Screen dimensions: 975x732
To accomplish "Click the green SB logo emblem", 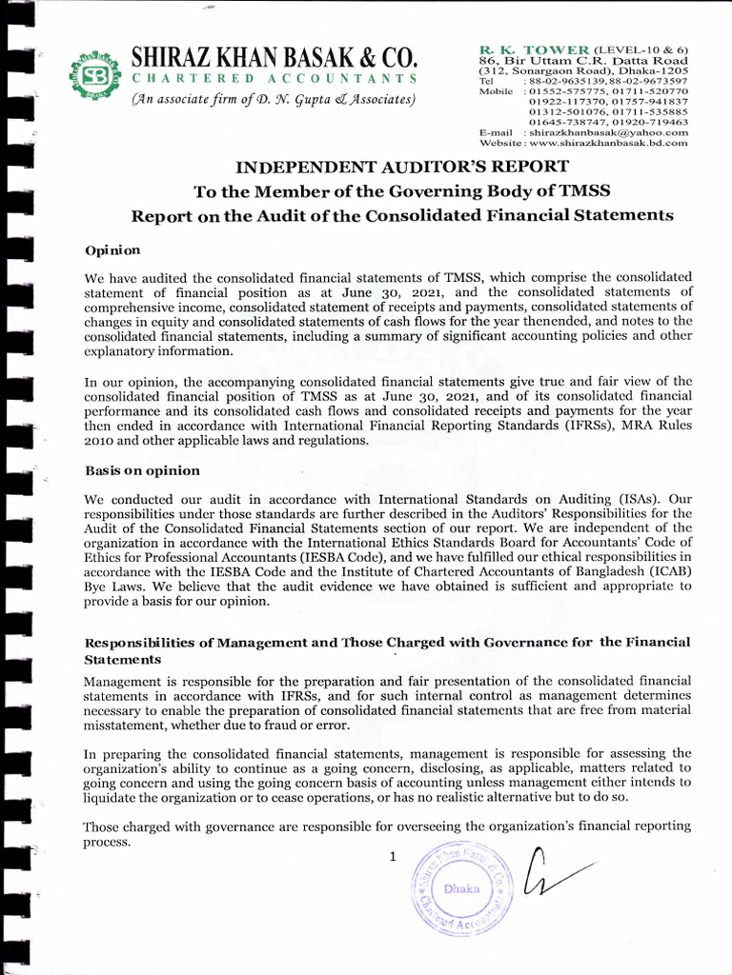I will tap(93, 77).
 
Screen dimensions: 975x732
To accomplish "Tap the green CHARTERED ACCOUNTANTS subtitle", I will tap(274, 78).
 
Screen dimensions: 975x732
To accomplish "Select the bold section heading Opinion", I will tap(112, 250).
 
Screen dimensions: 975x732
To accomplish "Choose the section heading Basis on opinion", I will tap(142, 470).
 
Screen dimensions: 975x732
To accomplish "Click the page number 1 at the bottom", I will tap(392, 857).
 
